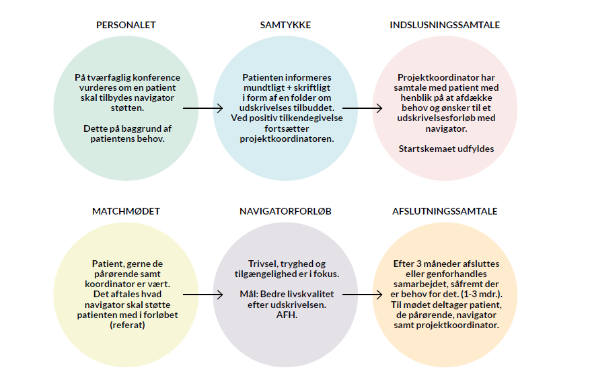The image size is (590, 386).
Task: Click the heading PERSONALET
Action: pyautogui.click(x=126, y=25)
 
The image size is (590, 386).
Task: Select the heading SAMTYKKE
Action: pyautogui.click(x=285, y=25)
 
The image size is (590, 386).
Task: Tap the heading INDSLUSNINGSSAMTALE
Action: pyautogui.click(x=445, y=25)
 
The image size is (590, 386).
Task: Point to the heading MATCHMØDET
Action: pyautogui.click(x=126, y=211)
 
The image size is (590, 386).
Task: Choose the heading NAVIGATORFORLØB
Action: pyautogui.click(x=285, y=211)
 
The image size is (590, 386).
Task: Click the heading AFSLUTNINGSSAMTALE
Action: pyautogui.click(x=445, y=211)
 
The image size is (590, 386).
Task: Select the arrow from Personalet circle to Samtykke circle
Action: pyautogui.click(x=202, y=108)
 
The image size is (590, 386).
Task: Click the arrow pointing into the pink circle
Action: pyautogui.click(x=363, y=108)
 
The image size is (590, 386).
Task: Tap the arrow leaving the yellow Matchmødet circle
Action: pyautogui.click(x=202, y=295)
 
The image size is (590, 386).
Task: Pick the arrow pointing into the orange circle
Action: pyautogui.click(x=363, y=295)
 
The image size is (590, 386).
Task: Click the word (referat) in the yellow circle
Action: pyautogui.click(x=127, y=325)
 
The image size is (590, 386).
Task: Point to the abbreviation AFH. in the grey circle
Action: pyautogui.click(x=287, y=315)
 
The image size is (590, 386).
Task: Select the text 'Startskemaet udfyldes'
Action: pyautogui.click(x=446, y=149)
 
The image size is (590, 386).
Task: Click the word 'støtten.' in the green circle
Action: pyautogui.click(x=127, y=108)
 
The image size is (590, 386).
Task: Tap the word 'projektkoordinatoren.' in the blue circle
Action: pyautogui.click(x=287, y=139)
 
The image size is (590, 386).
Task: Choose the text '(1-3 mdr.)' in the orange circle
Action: pyautogui.click(x=481, y=294)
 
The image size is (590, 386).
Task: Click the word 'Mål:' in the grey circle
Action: pyautogui.click(x=248, y=294)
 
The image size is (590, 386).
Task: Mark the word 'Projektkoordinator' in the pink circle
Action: pyautogui.click(x=437, y=77)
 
